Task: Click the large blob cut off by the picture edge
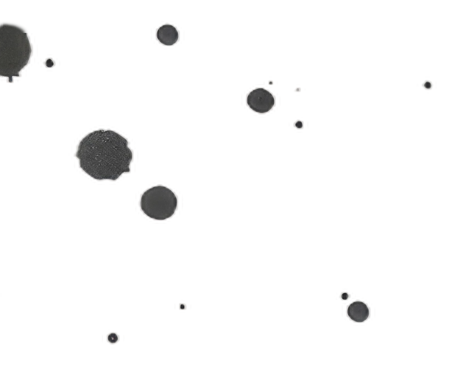[x=13, y=49]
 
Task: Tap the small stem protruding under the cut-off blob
[x=10, y=80]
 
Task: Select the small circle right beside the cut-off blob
[x=49, y=63]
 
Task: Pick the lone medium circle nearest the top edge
[x=168, y=35]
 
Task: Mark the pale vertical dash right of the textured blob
[x=136, y=155]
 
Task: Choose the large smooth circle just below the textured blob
[x=158, y=202]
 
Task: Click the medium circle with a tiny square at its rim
[x=260, y=99]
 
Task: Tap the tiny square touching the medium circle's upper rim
[x=270, y=82]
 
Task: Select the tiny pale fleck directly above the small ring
[x=298, y=89]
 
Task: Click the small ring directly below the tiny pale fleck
[x=298, y=124]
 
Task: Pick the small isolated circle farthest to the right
[x=428, y=85]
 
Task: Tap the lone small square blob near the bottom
[x=183, y=306]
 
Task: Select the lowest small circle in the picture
[x=112, y=337]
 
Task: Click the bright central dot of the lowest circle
[x=112, y=337]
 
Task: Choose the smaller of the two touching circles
[x=344, y=295]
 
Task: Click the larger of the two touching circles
[x=358, y=311]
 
